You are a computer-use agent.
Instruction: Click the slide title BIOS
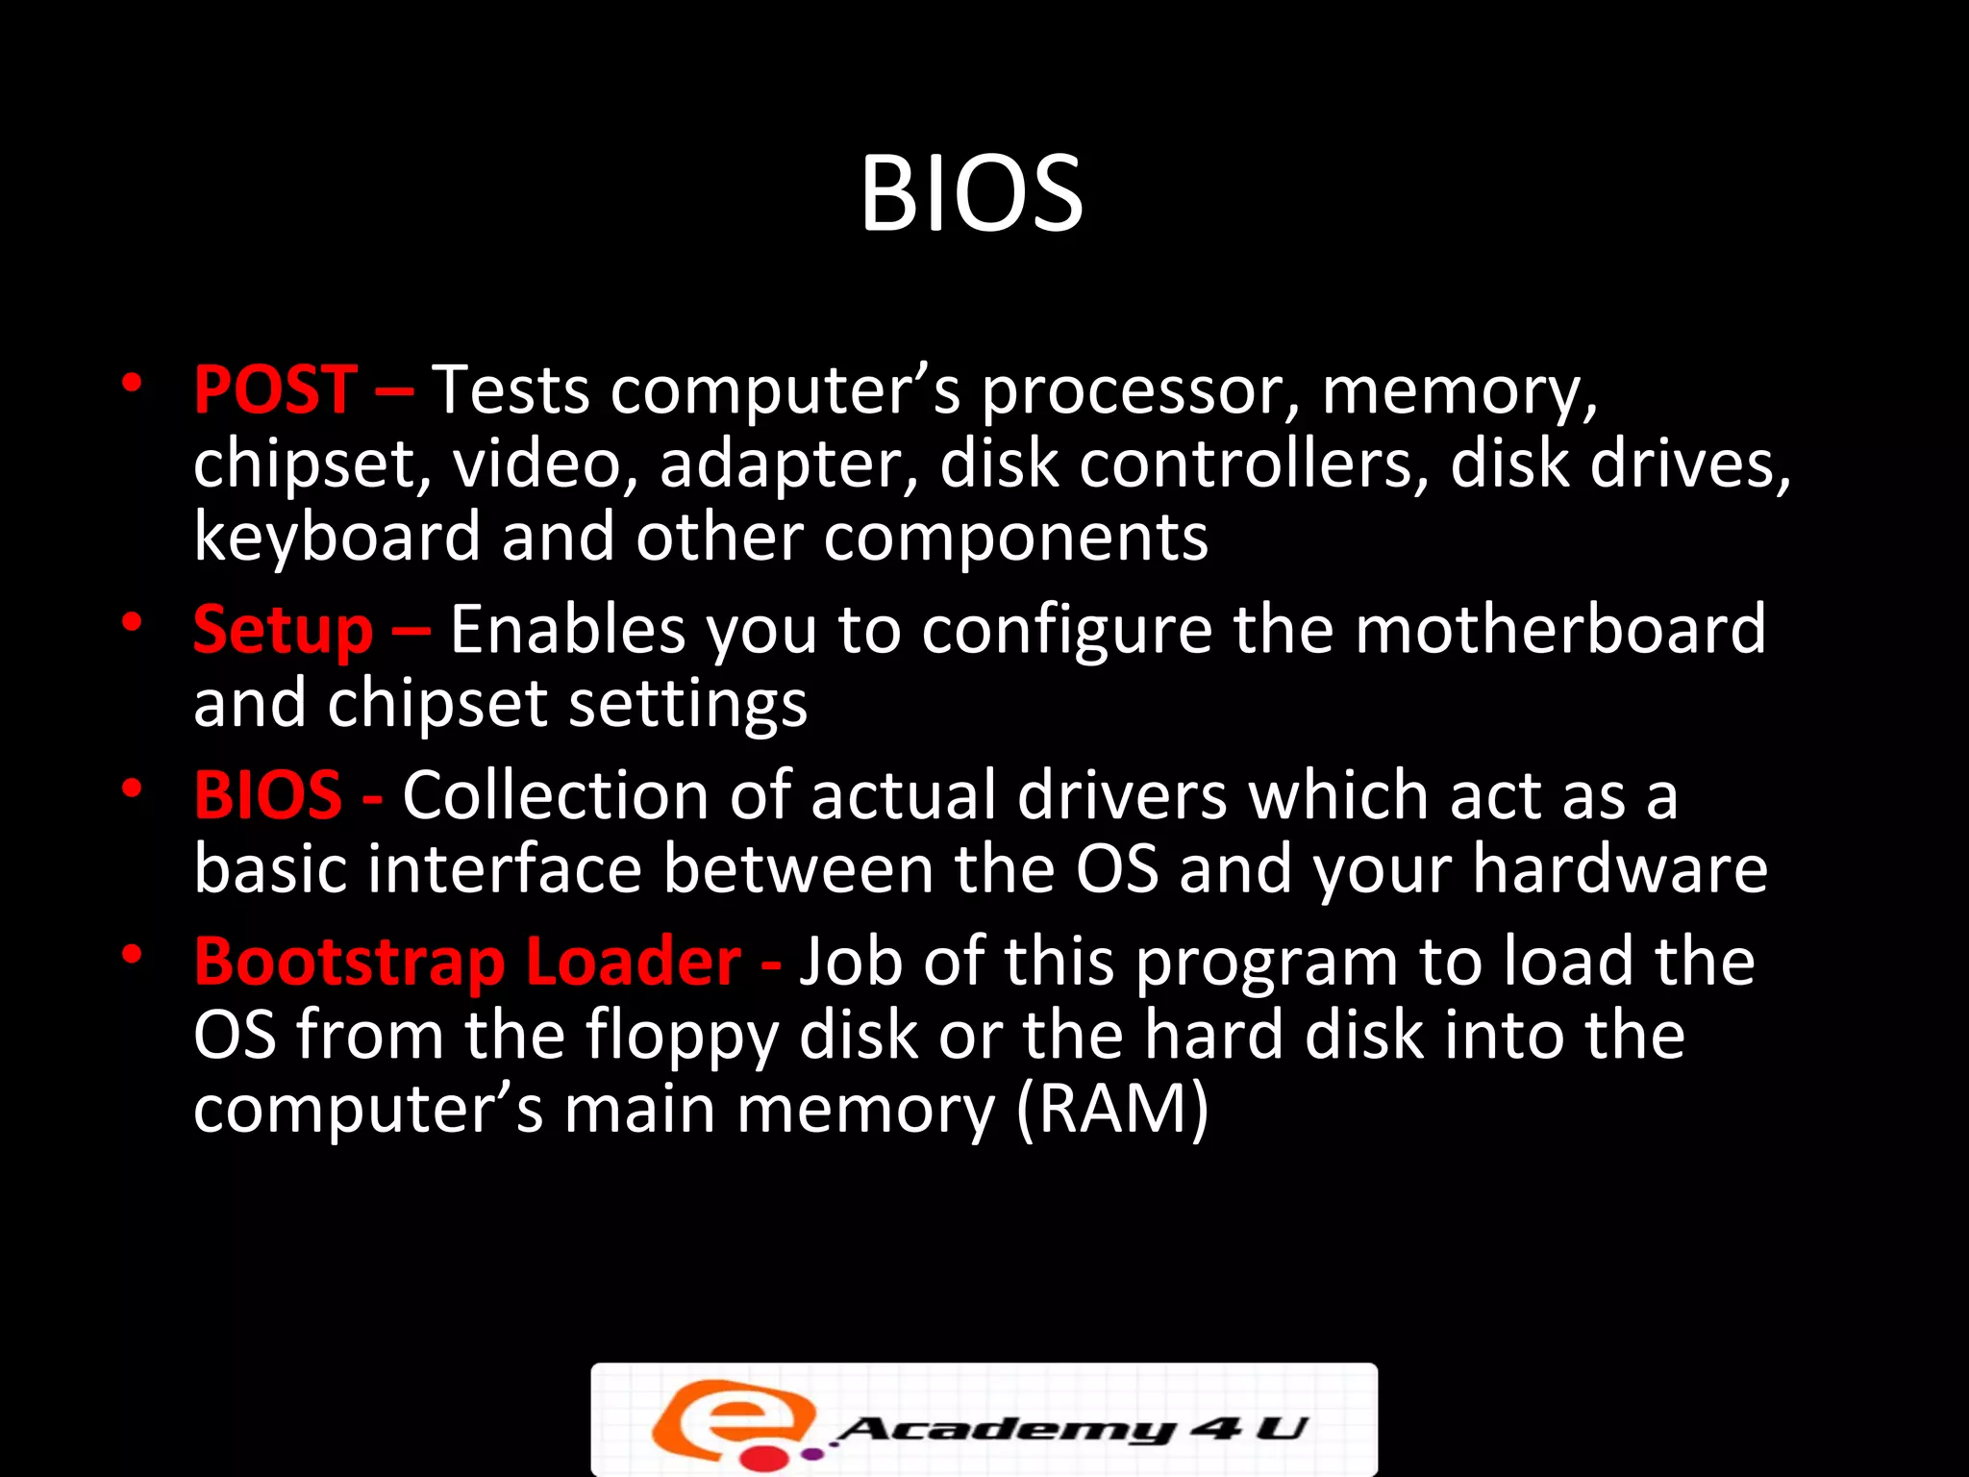971,194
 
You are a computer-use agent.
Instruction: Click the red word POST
276,390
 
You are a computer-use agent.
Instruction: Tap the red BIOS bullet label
267,795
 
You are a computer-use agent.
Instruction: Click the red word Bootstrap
349,963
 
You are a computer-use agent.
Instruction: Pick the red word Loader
634,961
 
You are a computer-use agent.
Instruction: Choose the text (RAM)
1111,1109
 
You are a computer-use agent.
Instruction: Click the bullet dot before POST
132,384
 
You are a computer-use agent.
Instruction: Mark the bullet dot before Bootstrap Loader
132,955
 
